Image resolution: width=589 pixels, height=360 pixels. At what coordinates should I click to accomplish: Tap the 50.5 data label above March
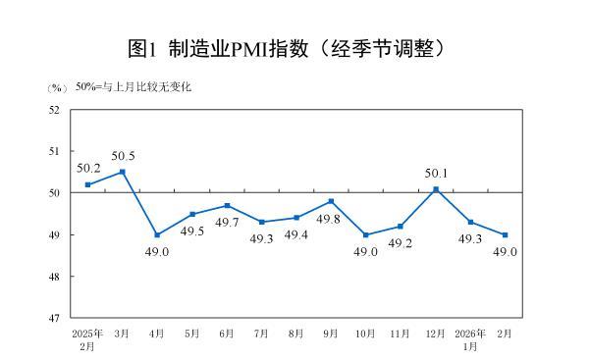coord(123,156)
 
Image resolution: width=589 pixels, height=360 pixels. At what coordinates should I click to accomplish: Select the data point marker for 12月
coord(435,188)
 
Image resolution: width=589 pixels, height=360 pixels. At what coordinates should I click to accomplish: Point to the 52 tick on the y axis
coord(54,110)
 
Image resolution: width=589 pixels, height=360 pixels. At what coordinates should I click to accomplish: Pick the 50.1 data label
coord(436,174)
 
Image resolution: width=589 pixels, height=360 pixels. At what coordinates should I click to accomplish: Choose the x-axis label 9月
coord(331,334)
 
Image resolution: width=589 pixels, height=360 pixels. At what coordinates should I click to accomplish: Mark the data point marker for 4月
coord(157,235)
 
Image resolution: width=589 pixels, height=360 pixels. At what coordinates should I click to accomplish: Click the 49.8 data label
coord(332,219)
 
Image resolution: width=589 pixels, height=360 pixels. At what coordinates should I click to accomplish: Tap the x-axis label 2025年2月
coord(87,339)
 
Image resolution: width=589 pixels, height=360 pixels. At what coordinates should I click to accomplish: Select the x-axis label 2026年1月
coord(470,339)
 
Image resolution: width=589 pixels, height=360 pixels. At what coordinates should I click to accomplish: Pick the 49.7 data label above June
coord(227,223)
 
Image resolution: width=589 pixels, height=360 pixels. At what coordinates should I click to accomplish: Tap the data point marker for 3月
coord(123,172)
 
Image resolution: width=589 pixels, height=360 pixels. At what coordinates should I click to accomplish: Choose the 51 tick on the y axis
coord(54,152)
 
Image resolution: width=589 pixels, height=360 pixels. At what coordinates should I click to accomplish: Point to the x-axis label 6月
coord(227,334)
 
